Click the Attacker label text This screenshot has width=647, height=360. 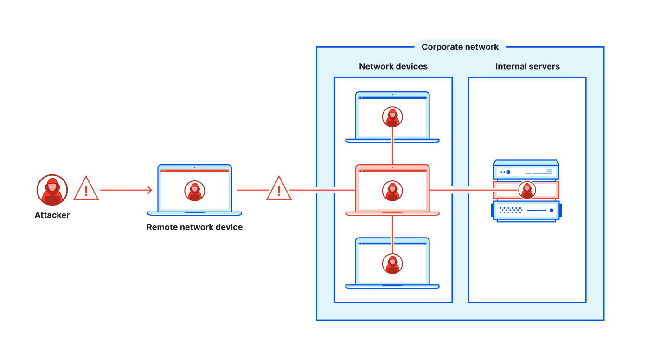tap(52, 215)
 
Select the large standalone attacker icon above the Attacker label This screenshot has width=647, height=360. tap(52, 190)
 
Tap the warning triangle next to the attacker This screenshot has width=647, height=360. tap(86, 188)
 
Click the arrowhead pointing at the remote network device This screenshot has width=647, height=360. tap(150, 190)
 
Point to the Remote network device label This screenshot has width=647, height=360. tap(195, 227)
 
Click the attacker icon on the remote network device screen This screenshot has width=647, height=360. tap(195, 191)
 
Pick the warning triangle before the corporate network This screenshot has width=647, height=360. tap(279, 188)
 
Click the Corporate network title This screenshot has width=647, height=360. tap(460, 47)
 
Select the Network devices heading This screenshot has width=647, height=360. tap(393, 66)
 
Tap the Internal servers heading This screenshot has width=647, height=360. tap(527, 66)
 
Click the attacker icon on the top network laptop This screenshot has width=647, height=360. tap(392, 117)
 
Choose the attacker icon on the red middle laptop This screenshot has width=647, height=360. tap(392, 191)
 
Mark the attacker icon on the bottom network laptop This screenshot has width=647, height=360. tap(392, 264)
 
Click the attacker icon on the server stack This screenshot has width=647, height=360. tap(527, 190)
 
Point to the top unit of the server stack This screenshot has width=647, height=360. tap(526, 170)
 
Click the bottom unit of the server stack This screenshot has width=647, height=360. tap(526, 211)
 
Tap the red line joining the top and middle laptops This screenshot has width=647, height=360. tap(392, 146)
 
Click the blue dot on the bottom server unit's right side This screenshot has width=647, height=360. tap(551, 210)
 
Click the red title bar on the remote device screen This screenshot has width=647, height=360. tap(195, 171)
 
